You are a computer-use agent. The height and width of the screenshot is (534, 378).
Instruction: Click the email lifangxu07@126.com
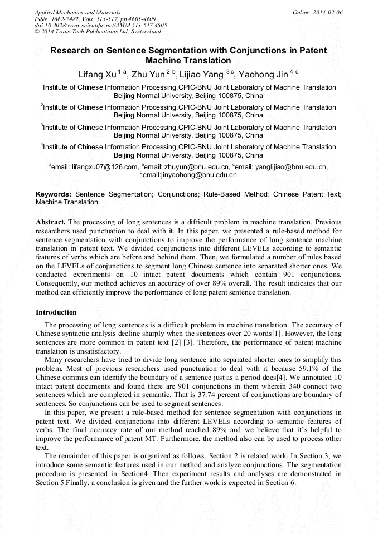pyautogui.click(x=105, y=167)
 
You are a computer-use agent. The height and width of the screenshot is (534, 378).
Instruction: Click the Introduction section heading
pyautogui.click(x=56, y=312)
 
